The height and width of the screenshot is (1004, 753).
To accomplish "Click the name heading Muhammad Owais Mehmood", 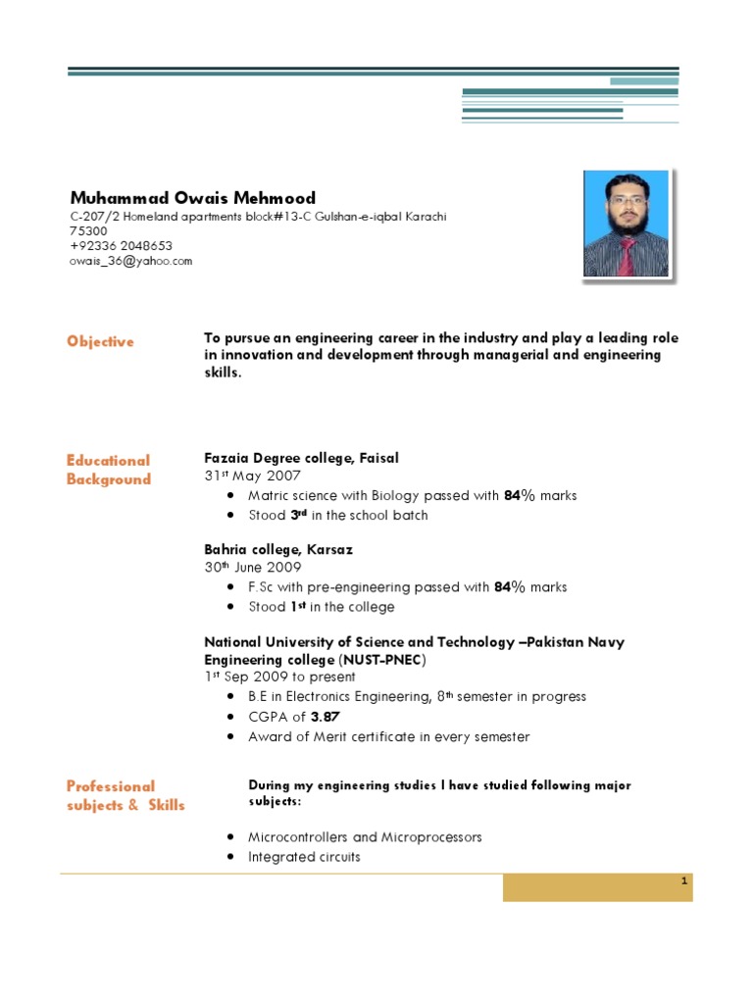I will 192,197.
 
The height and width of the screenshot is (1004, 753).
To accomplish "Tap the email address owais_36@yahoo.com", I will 130,261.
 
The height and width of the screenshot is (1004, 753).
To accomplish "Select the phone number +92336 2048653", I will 121,246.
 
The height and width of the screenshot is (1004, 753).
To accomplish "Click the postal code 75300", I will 88,231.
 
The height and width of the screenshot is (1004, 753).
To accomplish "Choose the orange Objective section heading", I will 100,341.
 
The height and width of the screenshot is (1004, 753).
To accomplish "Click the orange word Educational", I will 108,460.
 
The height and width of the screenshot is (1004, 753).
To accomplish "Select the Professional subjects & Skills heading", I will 125,795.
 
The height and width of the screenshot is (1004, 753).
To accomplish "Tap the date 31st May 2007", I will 245,477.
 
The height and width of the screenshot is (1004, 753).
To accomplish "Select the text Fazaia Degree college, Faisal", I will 301,458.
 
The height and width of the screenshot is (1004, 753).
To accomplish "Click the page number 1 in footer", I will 684,882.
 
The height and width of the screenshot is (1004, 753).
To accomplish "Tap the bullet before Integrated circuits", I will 228,857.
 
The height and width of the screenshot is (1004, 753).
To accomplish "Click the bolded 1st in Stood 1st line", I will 301,607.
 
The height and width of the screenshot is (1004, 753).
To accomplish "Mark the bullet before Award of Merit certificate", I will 228,736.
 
